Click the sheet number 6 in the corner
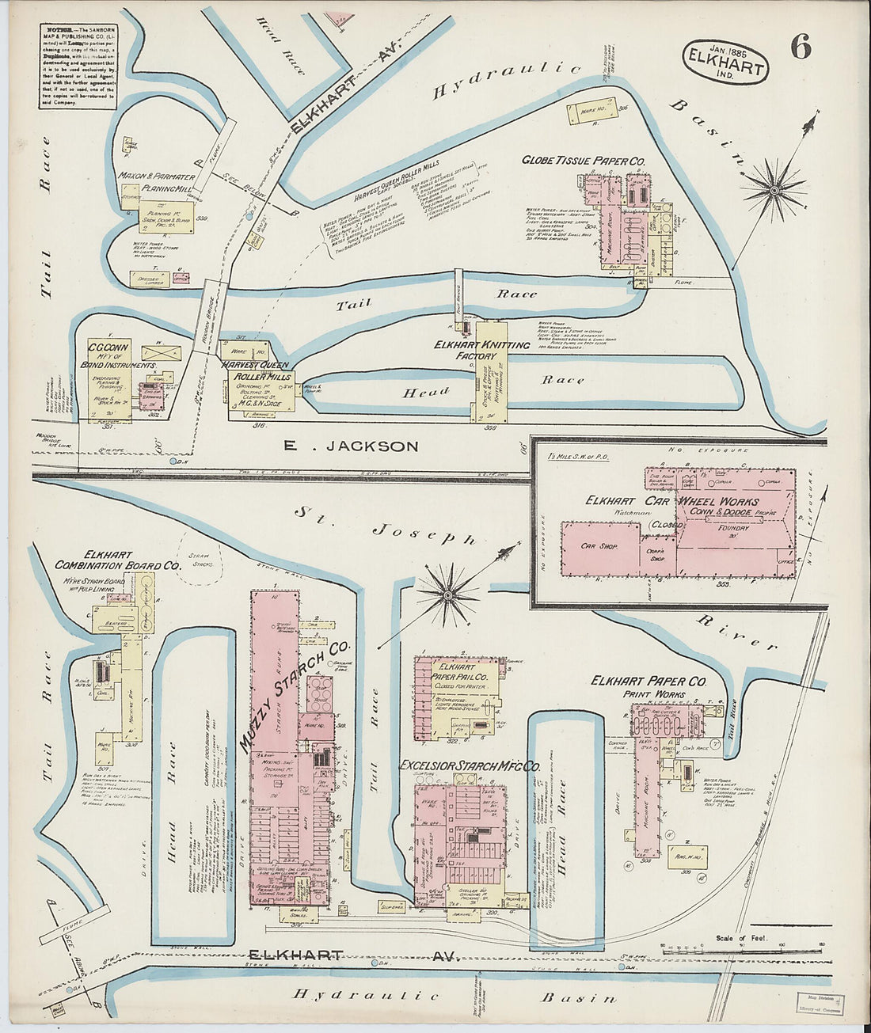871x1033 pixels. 800,48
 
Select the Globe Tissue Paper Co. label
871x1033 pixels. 583,161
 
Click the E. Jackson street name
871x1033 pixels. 351,446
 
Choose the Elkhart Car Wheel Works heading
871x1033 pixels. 671,501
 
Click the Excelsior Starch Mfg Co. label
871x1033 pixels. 470,766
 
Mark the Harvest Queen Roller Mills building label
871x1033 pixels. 257,370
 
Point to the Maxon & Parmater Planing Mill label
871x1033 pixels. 156,182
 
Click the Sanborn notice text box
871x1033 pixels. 78,66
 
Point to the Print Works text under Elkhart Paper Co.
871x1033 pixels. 648,695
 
